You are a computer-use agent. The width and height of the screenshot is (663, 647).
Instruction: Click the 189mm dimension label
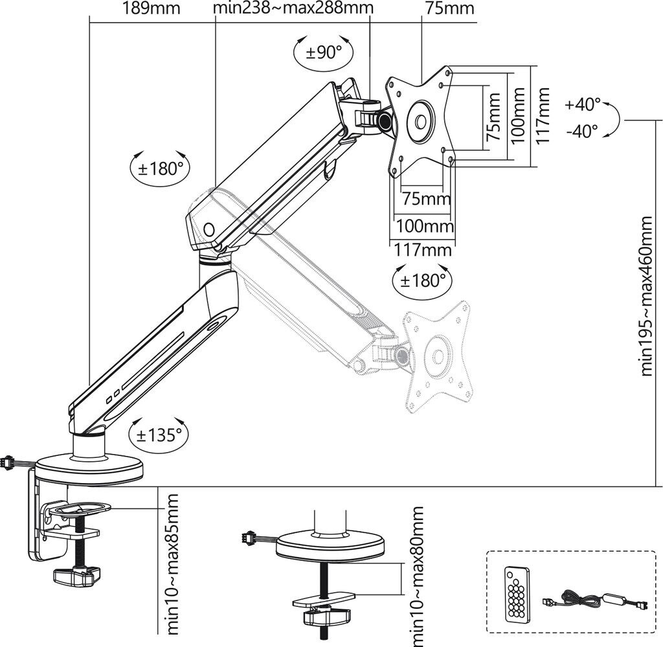(x=150, y=9)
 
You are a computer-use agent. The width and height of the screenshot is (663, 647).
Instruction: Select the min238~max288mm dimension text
(x=293, y=9)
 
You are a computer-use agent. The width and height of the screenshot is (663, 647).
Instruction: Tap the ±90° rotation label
(x=323, y=52)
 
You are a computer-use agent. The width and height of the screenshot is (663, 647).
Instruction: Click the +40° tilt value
(x=583, y=104)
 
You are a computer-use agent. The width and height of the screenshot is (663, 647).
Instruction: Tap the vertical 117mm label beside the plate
(x=543, y=115)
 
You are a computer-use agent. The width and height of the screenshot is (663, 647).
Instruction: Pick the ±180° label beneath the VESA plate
(x=422, y=280)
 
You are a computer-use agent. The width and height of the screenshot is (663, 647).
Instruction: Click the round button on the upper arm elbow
(x=209, y=229)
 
